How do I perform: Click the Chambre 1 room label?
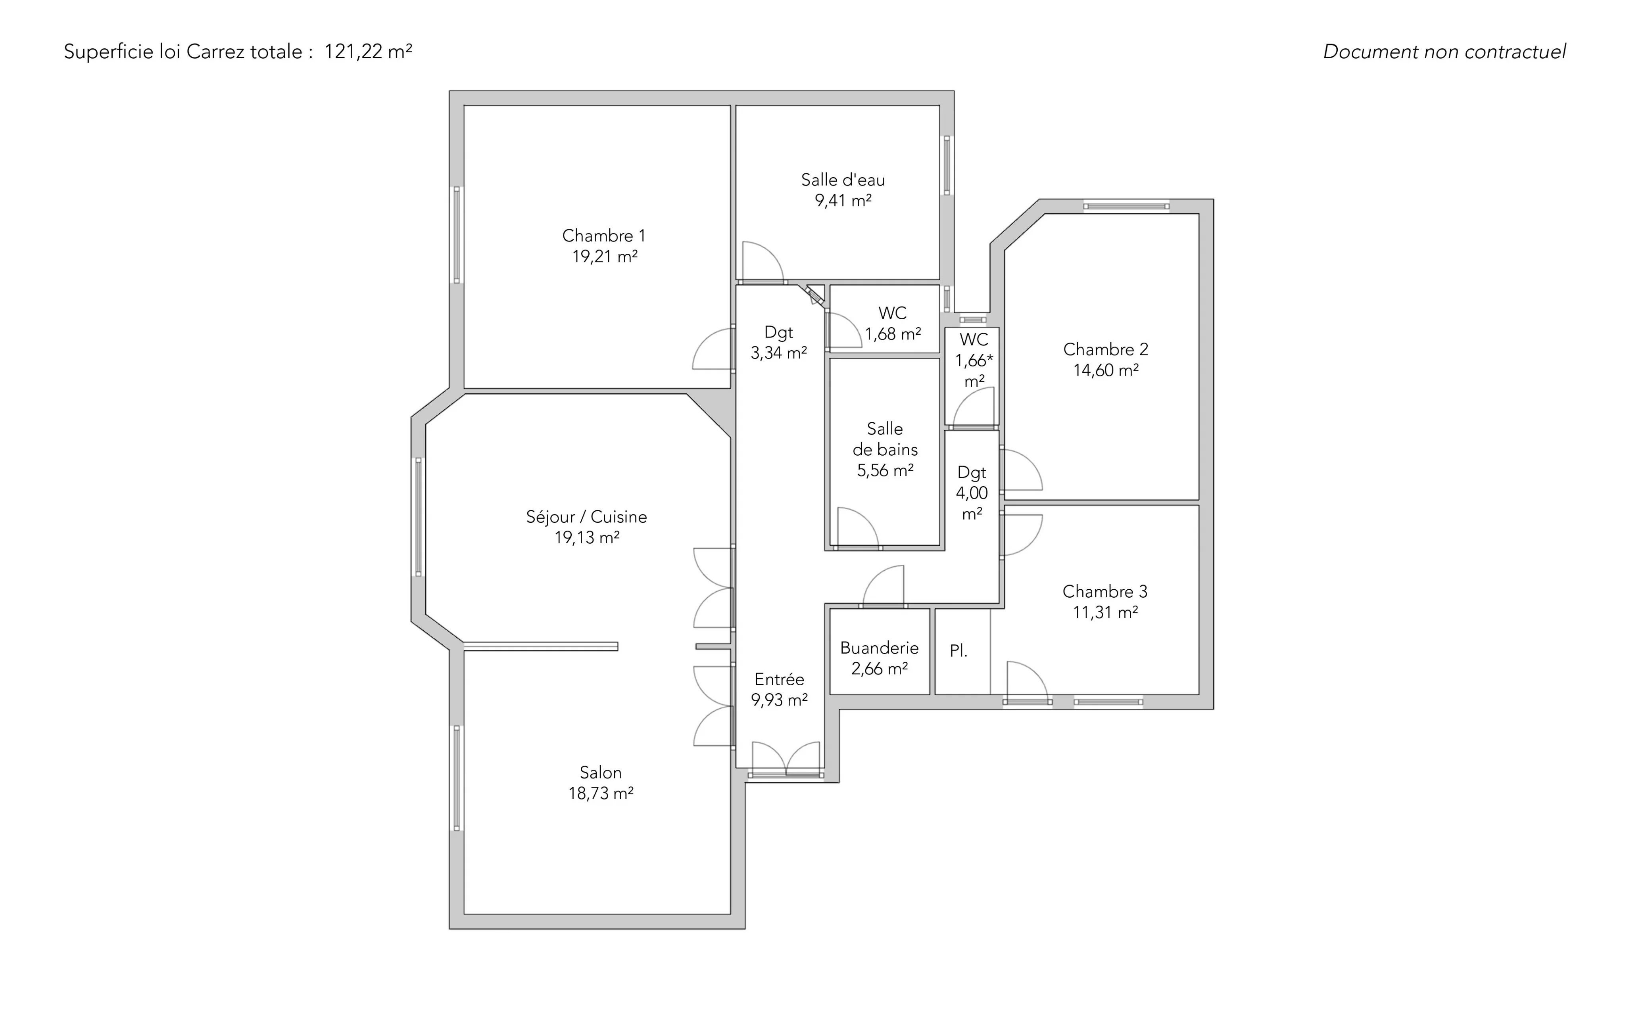click(x=604, y=236)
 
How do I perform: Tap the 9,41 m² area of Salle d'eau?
click(x=843, y=200)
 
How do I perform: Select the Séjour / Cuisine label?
click(x=586, y=517)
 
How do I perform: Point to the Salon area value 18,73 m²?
click(x=601, y=793)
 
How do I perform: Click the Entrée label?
click(x=780, y=679)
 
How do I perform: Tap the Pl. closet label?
click(x=958, y=651)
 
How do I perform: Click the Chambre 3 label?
click(x=1105, y=592)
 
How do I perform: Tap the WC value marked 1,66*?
click(x=974, y=360)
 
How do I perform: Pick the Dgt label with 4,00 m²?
click(x=972, y=472)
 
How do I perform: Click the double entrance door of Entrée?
click(x=786, y=759)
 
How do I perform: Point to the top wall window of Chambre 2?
click(x=1126, y=207)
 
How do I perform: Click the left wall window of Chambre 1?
click(x=457, y=235)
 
